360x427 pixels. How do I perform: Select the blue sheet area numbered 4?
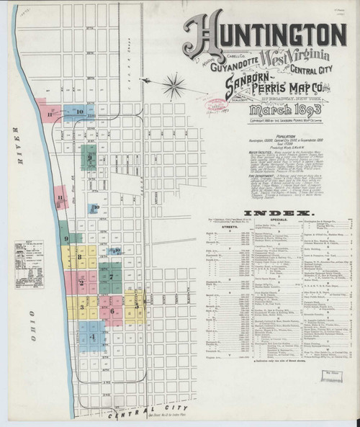(x=92, y=336)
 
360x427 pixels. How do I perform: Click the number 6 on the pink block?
(x=112, y=311)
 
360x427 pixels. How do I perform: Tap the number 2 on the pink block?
(x=83, y=282)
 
